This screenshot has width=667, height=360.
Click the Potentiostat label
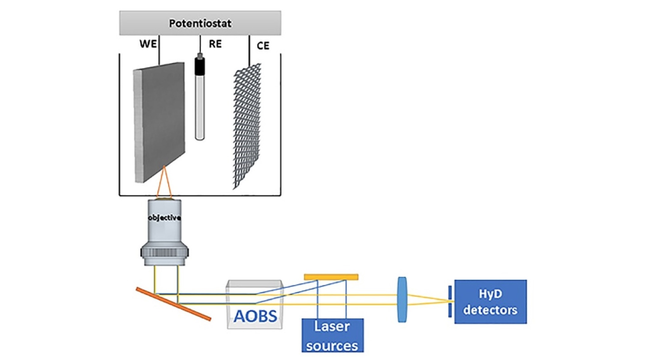tap(200, 23)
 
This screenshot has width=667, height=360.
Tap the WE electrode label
tap(148, 44)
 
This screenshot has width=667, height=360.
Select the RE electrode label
tap(215, 44)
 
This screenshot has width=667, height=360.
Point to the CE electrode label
tap(263, 46)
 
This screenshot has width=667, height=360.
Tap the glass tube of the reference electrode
tap(200, 108)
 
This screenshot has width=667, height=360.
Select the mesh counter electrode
tap(247, 126)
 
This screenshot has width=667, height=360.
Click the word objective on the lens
tap(164, 218)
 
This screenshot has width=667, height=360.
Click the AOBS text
tap(255, 316)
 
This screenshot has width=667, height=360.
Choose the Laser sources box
tap(332, 335)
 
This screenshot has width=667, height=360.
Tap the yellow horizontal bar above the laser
tap(331, 277)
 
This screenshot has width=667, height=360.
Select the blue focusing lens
tap(402, 299)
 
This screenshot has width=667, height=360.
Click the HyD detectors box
tap(490, 302)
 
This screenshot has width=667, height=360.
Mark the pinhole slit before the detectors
tap(450, 301)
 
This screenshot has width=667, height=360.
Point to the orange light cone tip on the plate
tap(164, 167)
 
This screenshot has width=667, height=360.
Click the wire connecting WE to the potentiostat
tap(159, 49)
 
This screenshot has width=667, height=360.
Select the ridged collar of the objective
tap(164, 252)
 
